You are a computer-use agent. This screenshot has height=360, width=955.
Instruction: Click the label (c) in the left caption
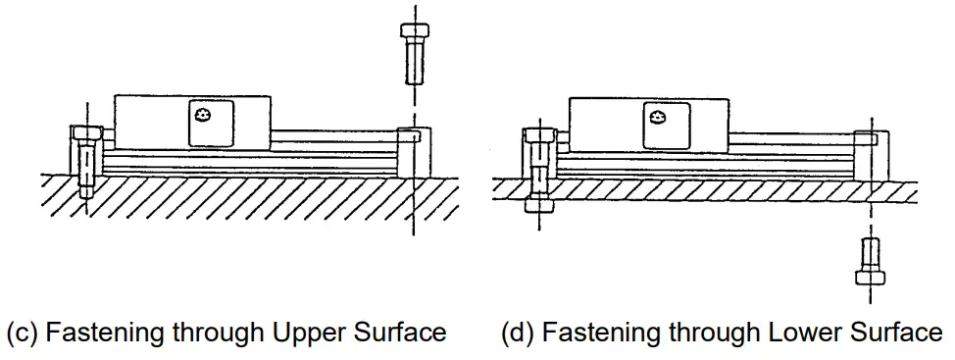[x=22, y=333]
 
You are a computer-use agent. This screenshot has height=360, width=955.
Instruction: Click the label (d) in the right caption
[x=516, y=333]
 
